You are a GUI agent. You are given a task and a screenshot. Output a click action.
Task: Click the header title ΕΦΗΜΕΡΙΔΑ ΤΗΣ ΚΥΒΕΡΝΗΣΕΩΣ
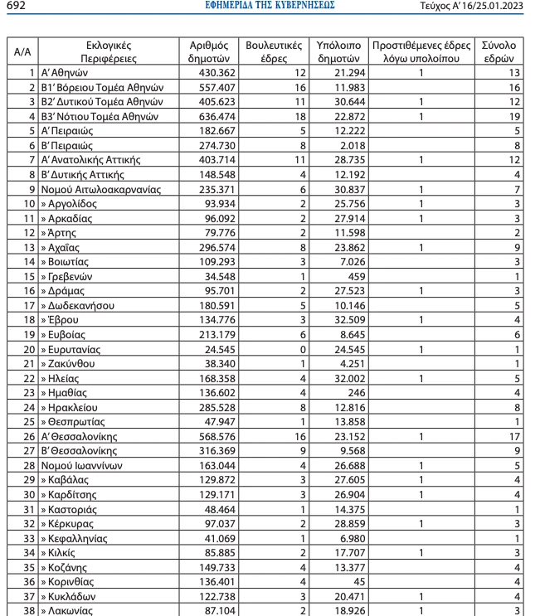tap(270, 6)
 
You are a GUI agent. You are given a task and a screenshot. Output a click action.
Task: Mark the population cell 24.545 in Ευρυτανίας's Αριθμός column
tap(218, 349)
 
